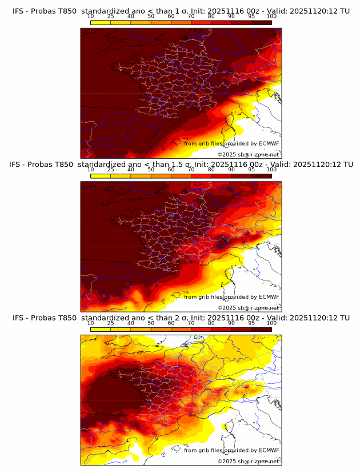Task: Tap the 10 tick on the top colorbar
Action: click(91, 17)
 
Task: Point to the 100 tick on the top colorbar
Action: click(271, 17)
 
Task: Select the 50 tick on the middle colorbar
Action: click(151, 170)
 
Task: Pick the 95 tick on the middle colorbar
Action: click(251, 170)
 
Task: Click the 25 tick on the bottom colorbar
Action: click(111, 323)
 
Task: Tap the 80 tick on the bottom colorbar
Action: click(211, 323)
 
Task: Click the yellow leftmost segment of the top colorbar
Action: click(101, 22)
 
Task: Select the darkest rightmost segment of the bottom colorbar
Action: click(261, 329)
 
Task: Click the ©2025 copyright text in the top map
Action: click(226, 154)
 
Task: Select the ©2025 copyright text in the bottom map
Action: click(226, 461)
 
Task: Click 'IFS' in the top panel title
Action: click(18, 11)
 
